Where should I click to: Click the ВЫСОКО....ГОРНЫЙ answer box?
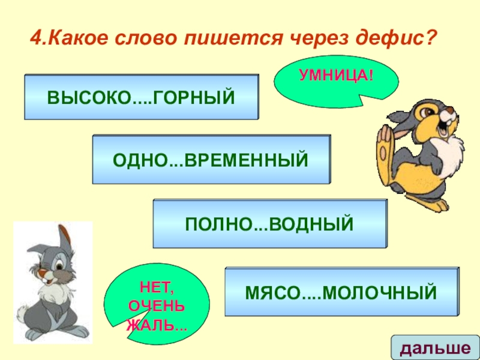click(141, 97)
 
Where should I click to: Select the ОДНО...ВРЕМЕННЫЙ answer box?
click(211, 159)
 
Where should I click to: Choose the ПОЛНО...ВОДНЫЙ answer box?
click(269, 224)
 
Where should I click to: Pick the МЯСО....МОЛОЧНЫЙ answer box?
click(340, 292)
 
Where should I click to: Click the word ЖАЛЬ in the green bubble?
click(154, 326)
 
